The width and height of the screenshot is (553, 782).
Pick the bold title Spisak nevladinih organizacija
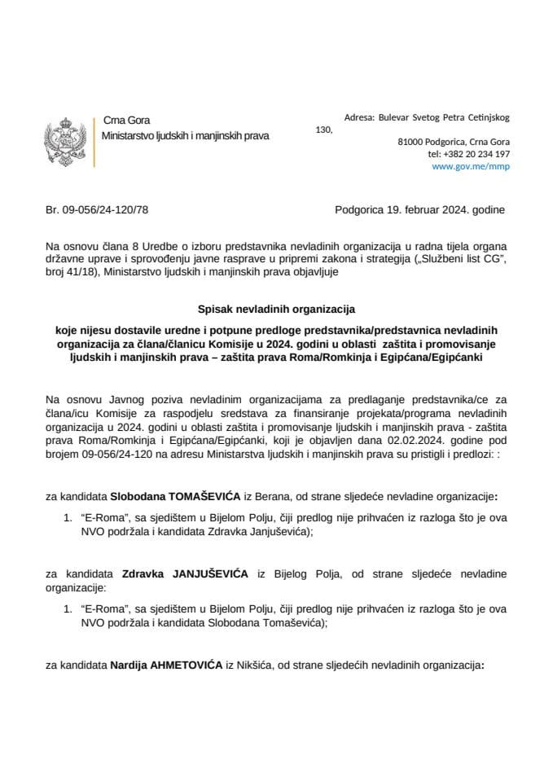[276, 310]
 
